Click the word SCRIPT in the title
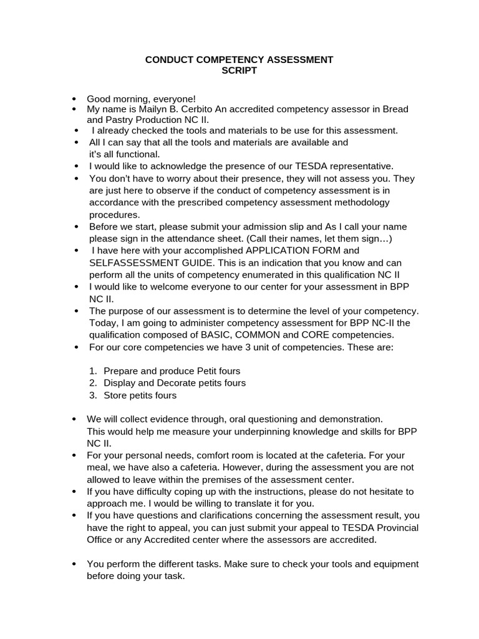coord(239,71)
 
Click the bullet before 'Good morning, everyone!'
coord(75,99)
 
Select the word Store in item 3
coord(116,395)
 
